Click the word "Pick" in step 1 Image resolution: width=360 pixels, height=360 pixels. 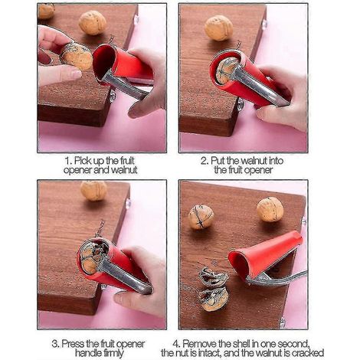tap(83, 161)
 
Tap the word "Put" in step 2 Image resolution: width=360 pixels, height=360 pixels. tap(218, 161)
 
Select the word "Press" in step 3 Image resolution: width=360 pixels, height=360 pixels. tap(73, 344)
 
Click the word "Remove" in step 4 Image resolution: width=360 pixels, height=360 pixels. tap(201, 344)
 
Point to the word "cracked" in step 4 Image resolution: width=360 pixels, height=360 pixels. tap(308, 353)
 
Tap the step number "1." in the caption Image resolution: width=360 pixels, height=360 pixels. tap(68, 161)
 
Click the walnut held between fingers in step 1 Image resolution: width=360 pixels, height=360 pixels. tap(76, 57)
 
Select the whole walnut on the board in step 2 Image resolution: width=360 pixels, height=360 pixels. tap(218, 28)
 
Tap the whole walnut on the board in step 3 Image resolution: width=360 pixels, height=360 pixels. tap(93, 191)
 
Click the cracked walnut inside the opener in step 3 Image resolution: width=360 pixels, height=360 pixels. tap(92, 257)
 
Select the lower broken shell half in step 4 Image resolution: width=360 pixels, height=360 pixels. tap(213, 299)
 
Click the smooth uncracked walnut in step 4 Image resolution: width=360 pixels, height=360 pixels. tap(270, 209)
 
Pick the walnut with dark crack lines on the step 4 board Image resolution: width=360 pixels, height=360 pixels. tap(201, 218)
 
